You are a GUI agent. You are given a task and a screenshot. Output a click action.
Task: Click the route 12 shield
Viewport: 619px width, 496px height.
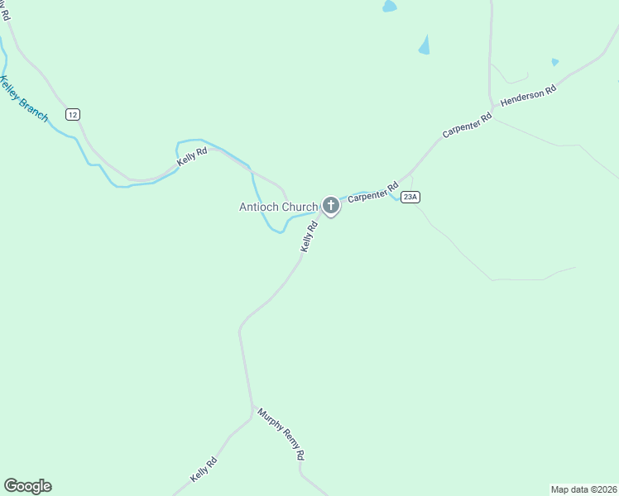click(74, 114)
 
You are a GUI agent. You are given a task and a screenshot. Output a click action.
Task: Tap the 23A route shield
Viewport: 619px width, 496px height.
click(410, 197)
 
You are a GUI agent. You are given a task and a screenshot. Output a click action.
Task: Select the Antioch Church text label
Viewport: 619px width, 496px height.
click(278, 207)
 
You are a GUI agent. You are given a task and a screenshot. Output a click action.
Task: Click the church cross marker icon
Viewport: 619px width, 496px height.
click(330, 205)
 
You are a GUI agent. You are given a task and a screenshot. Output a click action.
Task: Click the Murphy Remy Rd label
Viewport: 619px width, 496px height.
click(281, 433)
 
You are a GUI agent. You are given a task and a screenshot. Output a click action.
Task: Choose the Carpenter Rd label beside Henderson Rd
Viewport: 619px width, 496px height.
click(467, 125)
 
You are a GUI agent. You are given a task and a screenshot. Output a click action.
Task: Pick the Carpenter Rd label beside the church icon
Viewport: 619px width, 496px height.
click(372, 190)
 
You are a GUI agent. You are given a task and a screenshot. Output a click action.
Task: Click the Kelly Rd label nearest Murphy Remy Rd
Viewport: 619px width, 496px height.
click(204, 470)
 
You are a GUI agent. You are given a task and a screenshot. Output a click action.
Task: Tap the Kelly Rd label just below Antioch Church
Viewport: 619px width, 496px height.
click(309, 236)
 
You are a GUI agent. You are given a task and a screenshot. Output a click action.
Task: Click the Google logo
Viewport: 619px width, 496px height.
click(27, 486)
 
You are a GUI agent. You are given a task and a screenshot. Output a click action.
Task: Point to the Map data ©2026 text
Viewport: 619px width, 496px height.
click(584, 489)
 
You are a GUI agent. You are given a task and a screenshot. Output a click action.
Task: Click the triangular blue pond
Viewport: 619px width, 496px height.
click(425, 45)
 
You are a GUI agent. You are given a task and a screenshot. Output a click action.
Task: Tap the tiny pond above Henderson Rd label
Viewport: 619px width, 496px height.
click(554, 61)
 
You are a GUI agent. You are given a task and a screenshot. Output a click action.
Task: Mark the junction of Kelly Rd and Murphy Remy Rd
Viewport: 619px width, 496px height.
click(252, 408)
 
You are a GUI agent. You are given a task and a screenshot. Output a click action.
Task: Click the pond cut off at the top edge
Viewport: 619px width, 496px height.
click(388, 6)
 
